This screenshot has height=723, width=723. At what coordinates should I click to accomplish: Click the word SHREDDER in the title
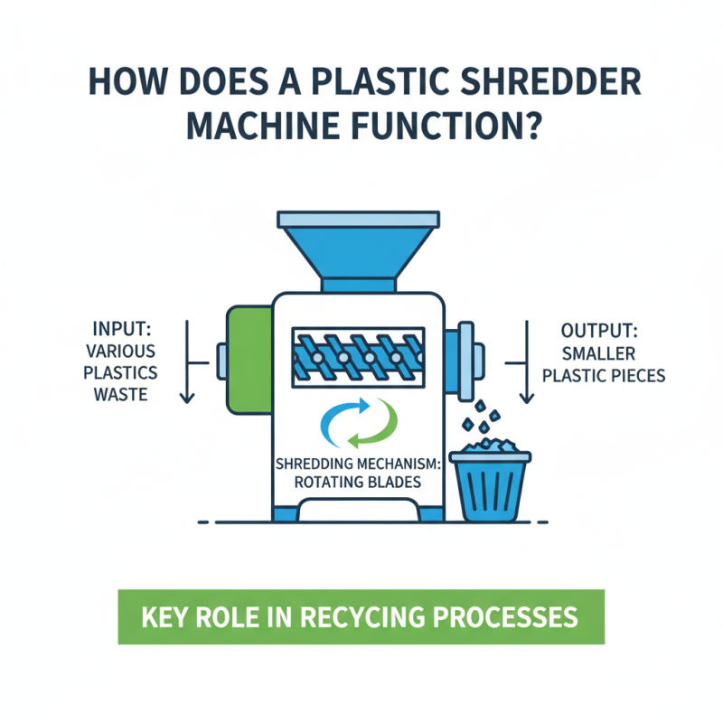(x=542, y=84)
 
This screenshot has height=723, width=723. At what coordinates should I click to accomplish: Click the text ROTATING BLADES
(x=358, y=483)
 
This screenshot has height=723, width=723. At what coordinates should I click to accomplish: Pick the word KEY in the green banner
(x=165, y=617)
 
